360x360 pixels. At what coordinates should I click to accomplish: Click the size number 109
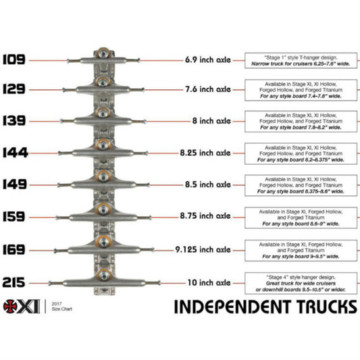click(x=14, y=59)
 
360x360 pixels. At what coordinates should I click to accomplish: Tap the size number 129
click(x=14, y=88)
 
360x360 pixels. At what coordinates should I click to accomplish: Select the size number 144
click(x=14, y=153)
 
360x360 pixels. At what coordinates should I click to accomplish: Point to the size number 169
click(x=14, y=249)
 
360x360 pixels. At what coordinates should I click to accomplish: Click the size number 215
click(x=14, y=282)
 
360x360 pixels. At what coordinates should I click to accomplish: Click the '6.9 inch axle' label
click(x=207, y=60)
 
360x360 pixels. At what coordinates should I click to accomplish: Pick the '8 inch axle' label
click(x=210, y=121)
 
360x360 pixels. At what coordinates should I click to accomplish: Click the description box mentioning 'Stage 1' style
click(x=301, y=60)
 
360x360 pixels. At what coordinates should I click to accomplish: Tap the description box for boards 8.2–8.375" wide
click(x=301, y=153)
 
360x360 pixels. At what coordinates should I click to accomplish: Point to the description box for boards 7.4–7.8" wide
click(x=301, y=88)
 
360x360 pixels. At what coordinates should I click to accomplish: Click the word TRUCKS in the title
click(x=319, y=307)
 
